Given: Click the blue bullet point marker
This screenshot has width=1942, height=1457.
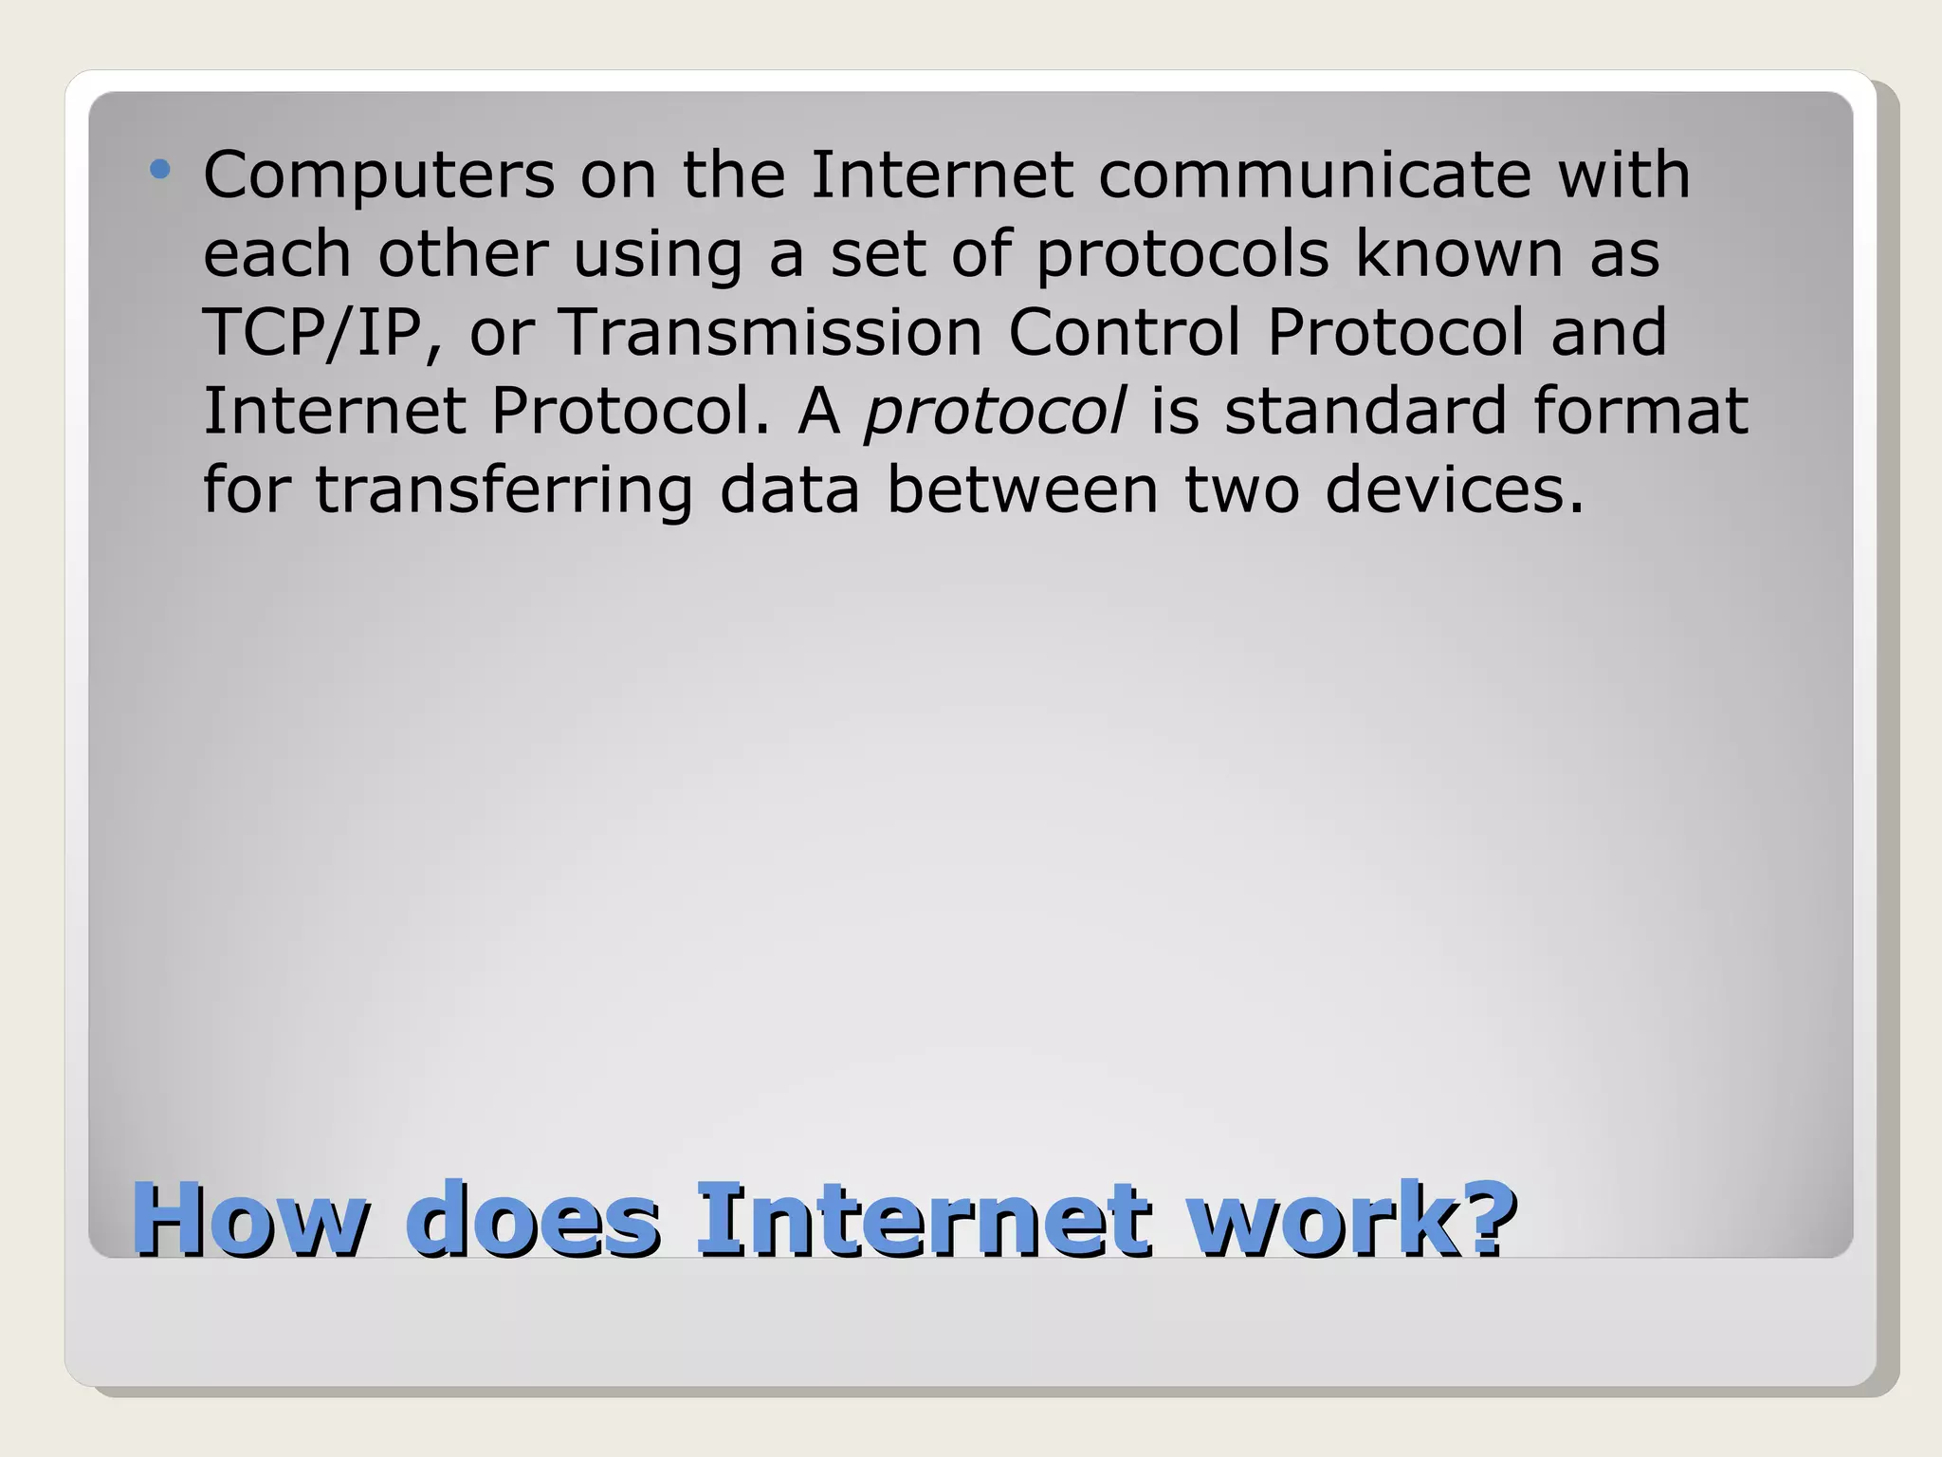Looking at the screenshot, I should coord(160,171).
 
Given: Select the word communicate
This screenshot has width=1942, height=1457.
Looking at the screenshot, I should coord(1314,175).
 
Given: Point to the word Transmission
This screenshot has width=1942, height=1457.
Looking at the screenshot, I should coord(770,333).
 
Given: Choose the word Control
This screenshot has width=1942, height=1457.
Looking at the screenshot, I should coord(1124,333).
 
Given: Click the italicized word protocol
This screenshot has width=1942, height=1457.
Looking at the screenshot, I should coord(995,413).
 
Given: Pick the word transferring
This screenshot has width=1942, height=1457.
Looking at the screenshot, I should coord(504,491).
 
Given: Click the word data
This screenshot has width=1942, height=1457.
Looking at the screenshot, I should coord(790,489).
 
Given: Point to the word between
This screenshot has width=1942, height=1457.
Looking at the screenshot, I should coord(1022,489).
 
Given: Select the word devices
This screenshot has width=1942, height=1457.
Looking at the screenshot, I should coord(1454,489).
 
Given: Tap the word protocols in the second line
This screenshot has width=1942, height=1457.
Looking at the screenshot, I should coord(1182,255).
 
